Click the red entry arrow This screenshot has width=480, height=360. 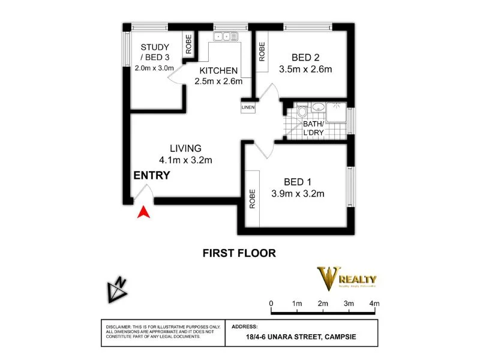pos(143,212)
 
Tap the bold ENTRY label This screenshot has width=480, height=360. pos(151,176)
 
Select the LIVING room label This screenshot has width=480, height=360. pos(185,148)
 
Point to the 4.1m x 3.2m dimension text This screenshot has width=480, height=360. pos(186,160)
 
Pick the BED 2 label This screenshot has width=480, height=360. pos(305,58)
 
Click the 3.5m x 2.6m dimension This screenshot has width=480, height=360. pos(305,69)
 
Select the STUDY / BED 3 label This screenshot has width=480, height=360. pos(155,52)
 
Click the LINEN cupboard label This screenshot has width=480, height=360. pos(248,108)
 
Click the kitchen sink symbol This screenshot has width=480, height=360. pos(226,37)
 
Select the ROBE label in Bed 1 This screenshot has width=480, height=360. pos(253,199)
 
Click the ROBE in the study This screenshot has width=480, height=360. pos(188,44)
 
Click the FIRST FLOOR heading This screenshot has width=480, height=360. pos(239,253)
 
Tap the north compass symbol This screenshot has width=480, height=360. pos(117,291)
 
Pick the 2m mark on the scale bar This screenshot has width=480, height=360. pos(323,304)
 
